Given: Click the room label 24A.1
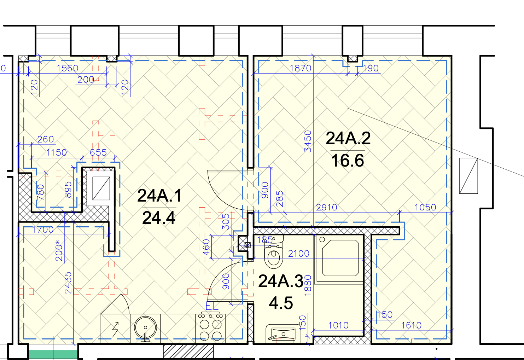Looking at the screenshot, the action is pos(159,196).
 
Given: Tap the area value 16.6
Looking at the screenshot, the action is pos(348,161).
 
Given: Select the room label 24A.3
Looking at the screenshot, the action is pos(281,281).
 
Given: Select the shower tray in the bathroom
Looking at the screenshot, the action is pos(339,258).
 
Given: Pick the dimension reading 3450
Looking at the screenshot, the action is pos(308,141).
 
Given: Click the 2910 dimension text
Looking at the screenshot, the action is pos(326,207).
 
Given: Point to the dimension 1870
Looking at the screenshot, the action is pos(301,68).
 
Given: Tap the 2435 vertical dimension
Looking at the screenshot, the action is pos(68,283).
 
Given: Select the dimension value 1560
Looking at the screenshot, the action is pos(68,68).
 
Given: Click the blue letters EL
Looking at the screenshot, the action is pos(212,306).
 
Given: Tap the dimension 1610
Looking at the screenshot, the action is pos(411,325).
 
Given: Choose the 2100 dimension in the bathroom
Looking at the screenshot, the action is pos(299,254).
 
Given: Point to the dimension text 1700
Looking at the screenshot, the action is pos(43,230).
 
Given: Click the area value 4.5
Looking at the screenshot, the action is pos(281,303).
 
